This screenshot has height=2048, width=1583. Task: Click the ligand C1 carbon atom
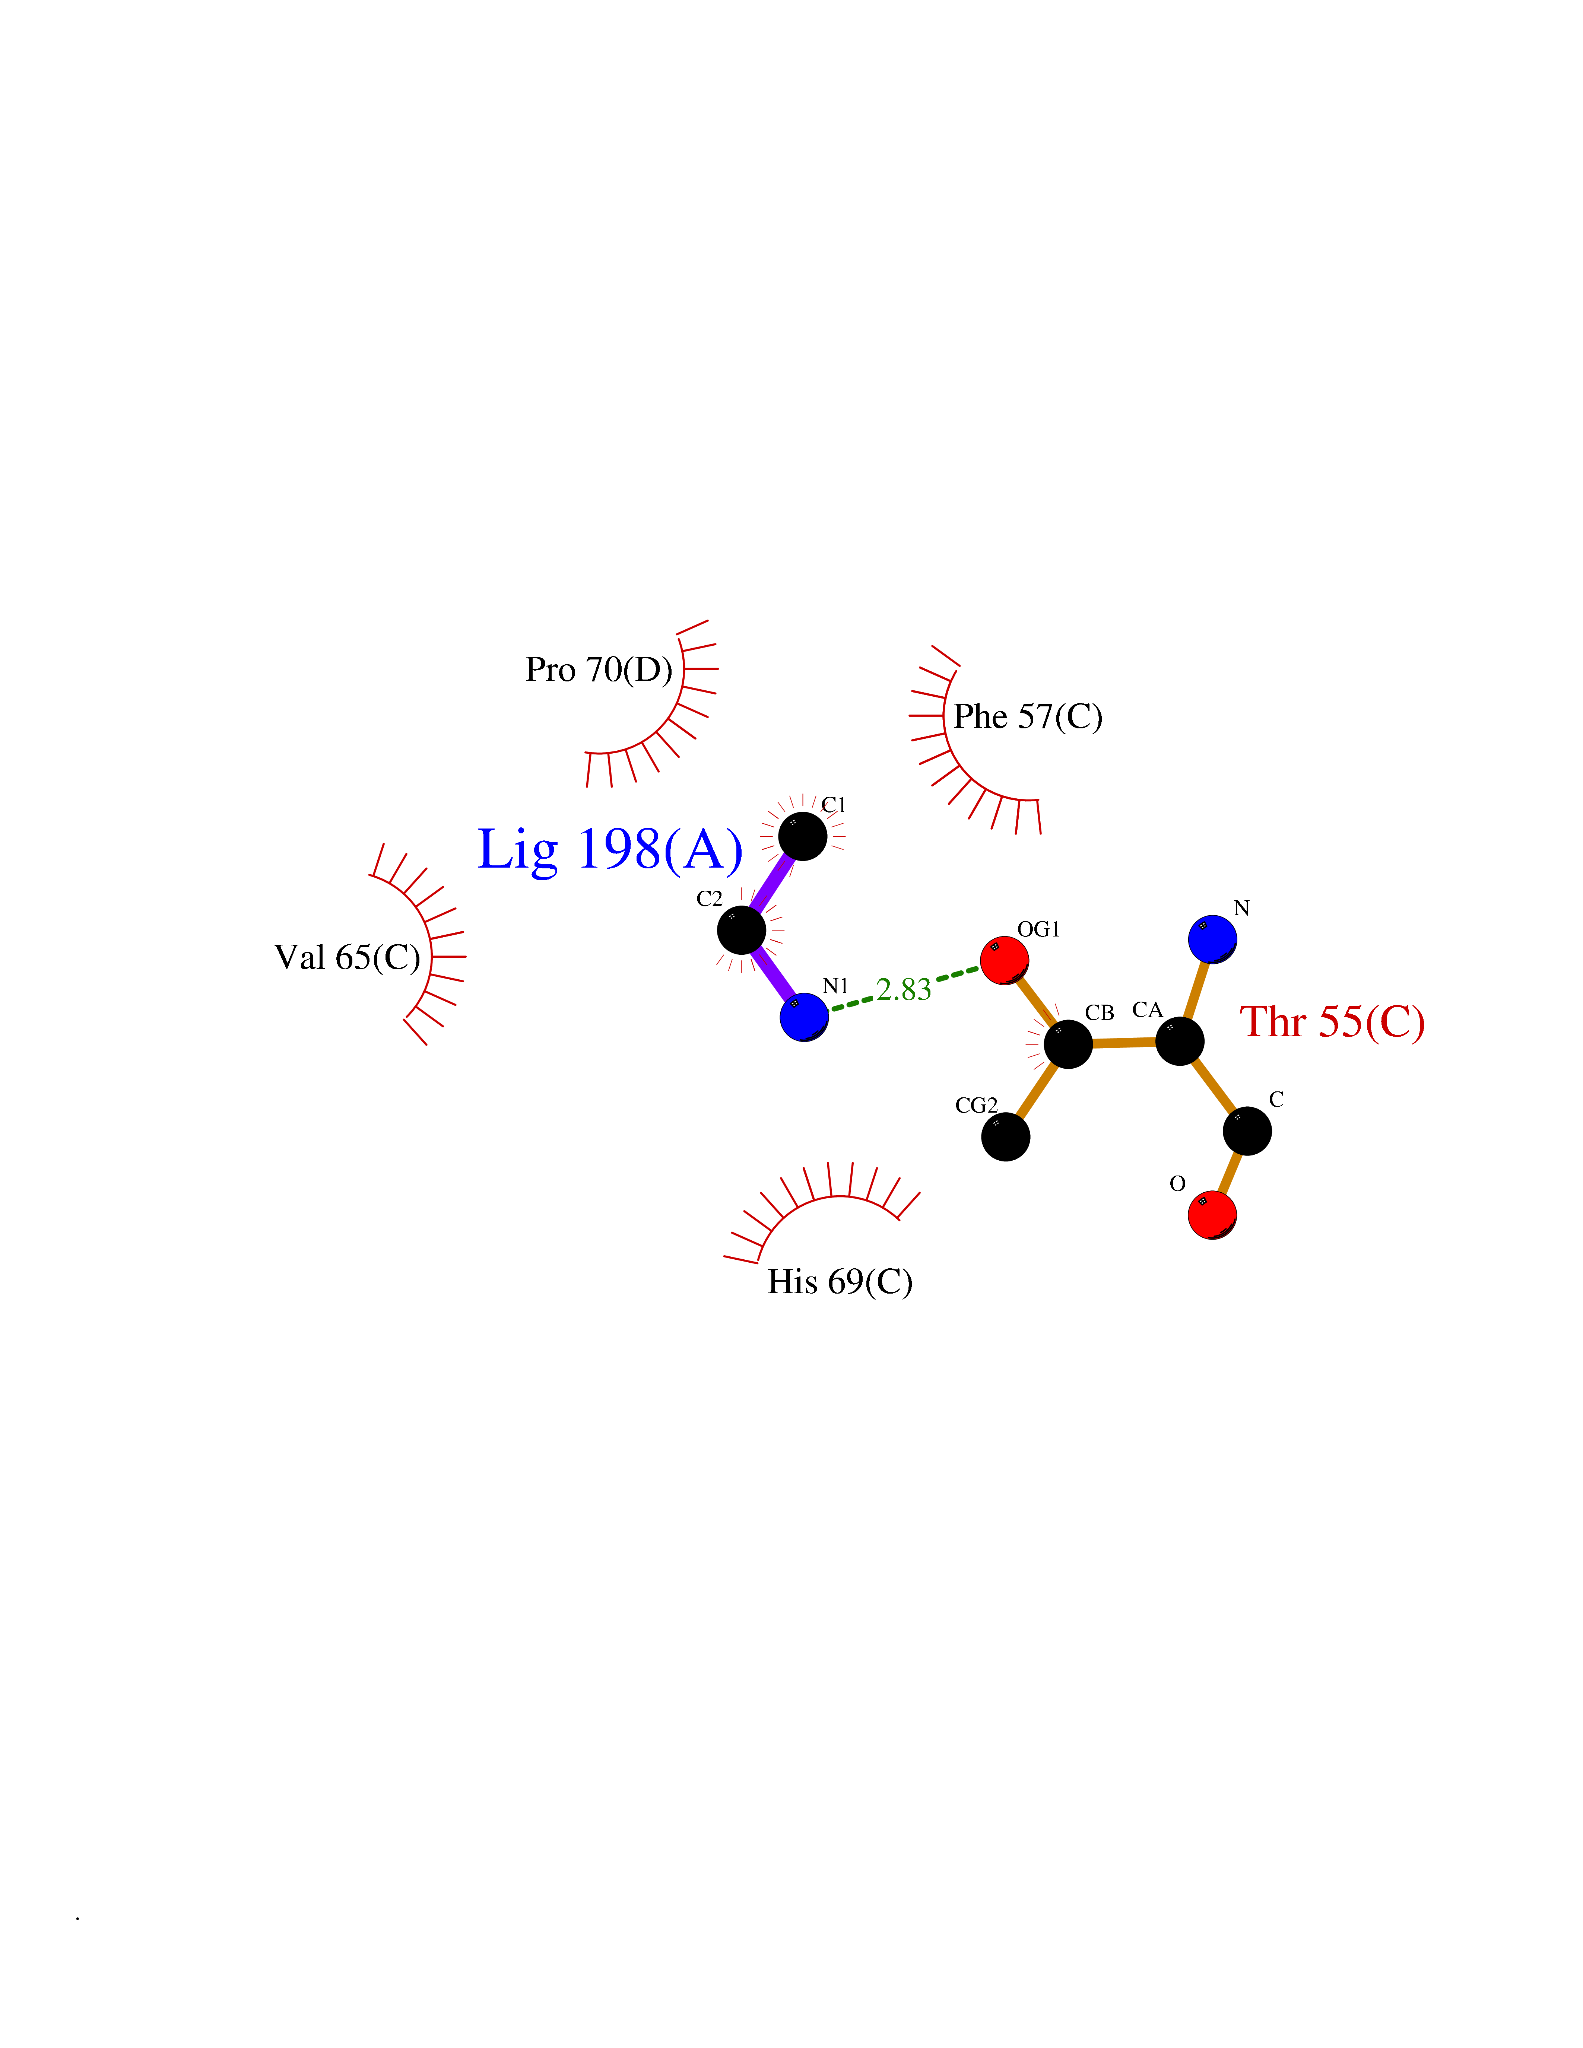coord(803,836)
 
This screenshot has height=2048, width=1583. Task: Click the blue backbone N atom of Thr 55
coord(1212,939)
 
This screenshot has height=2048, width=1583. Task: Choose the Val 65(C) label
coord(347,957)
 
